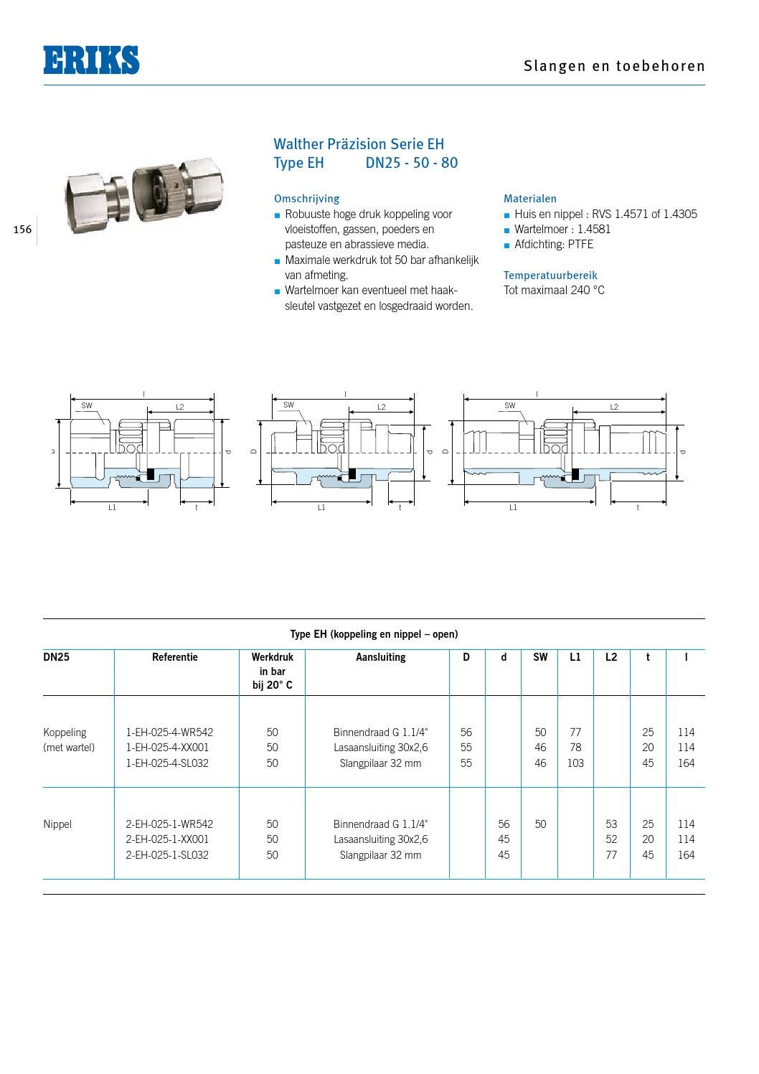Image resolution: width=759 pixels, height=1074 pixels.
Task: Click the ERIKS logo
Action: click(x=91, y=60)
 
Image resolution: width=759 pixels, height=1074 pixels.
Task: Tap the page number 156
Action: click(x=22, y=230)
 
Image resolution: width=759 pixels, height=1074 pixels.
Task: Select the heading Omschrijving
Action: click(x=306, y=199)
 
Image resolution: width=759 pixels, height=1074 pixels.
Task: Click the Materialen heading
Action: click(x=529, y=199)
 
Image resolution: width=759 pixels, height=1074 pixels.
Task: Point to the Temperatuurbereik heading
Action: click(x=550, y=275)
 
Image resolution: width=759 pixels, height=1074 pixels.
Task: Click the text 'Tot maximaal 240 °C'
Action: click(x=554, y=291)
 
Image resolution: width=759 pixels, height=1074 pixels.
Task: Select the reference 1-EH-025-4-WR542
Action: click(x=169, y=733)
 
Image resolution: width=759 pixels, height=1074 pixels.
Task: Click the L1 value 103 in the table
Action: click(x=575, y=763)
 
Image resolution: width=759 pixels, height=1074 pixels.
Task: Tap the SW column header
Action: click(x=540, y=657)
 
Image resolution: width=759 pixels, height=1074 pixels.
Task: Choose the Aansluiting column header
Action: click(x=380, y=657)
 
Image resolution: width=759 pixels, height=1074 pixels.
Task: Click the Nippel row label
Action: click(x=57, y=824)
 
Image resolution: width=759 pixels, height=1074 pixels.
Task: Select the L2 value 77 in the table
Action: click(x=611, y=855)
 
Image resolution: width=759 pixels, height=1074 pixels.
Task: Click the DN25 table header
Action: click(x=57, y=657)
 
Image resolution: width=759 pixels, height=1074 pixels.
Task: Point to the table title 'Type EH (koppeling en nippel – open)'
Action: click(x=374, y=634)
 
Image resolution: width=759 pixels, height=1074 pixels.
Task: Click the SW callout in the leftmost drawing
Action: click(x=87, y=406)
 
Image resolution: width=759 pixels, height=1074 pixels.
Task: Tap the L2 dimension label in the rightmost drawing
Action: click(x=614, y=407)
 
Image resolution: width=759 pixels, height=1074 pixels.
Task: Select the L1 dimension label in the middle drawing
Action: click(x=321, y=508)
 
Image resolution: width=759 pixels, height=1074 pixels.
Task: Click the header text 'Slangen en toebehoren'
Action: click(x=614, y=66)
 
